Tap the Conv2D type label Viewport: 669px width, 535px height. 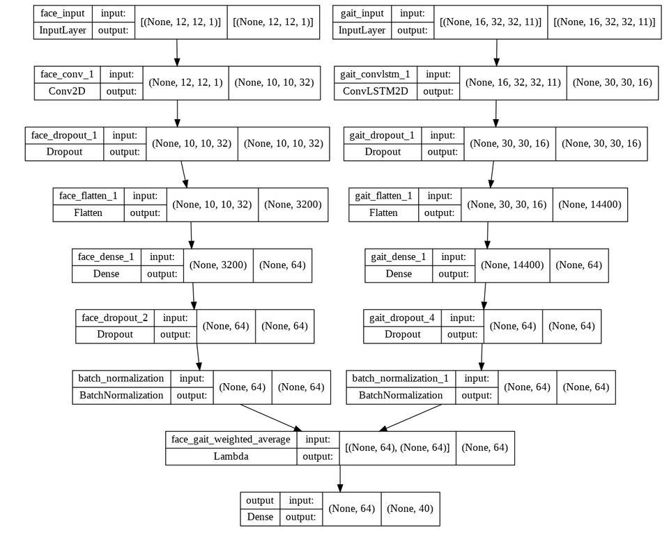coord(67,91)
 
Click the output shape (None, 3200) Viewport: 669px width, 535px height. coord(293,205)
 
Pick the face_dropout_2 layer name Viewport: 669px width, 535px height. coord(114,318)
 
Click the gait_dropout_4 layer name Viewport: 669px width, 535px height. coord(402,318)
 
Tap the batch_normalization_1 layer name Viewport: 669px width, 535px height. coord(400,378)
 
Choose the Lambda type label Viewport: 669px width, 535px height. coord(231,457)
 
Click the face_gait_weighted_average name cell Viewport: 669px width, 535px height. coord(231,440)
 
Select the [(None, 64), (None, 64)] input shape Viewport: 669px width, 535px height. coord(397,448)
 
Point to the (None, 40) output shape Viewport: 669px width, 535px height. coord(410,509)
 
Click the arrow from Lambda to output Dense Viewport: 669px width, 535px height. coord(340,478)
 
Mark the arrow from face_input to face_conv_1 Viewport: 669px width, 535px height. coord(177,52)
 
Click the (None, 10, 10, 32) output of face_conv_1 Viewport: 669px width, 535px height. coord(274,82)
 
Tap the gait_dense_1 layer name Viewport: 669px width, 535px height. coord(398,257)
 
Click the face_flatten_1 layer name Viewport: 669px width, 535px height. coord(89,196)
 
